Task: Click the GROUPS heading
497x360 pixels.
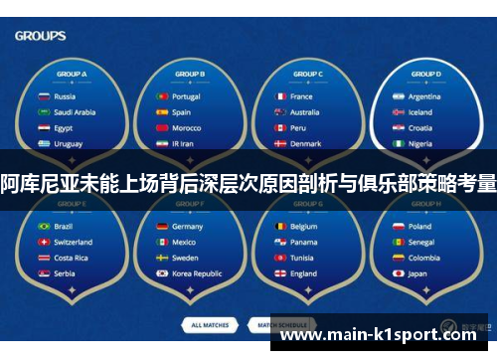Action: tap(41, 36)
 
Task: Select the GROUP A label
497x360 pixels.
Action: tap(72, 75)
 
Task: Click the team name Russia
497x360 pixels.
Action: tap(65, 97)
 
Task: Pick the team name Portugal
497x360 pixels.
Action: tap(186, 97)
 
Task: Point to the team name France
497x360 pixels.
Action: tap(301, 97)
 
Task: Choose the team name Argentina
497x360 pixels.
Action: tap(424, 97)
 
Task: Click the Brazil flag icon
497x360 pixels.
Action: tap(44, 227)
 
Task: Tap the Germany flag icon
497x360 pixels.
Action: tap(161, 227)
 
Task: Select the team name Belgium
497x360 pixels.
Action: tap(303, 227)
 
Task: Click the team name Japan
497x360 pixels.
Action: tap(417, 273)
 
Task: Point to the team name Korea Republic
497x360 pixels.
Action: tap(197, 273)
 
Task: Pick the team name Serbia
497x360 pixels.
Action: tap(65, 273)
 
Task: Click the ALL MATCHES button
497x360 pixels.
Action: tap(210, 325)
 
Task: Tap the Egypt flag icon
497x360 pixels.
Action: tap(44, 128)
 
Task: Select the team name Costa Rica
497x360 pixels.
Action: tap(71, 258)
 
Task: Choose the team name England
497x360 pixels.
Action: tap(303, 273)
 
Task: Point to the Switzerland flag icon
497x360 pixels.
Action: tap(44, 242)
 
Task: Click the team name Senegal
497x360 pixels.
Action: tap(421, 242)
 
